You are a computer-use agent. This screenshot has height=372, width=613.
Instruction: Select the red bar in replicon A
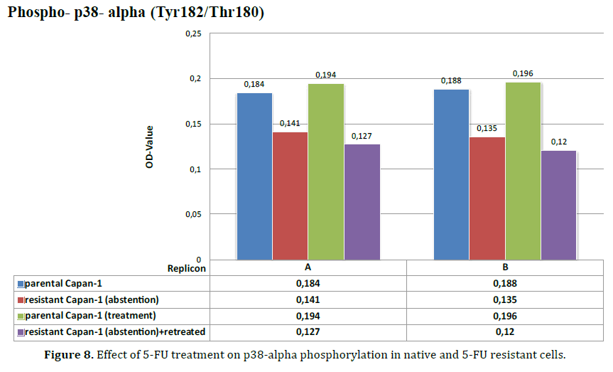(290, 196)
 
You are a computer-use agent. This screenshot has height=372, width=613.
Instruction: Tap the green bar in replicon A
(325, 171)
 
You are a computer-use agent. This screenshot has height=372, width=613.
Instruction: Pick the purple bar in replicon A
(362, 202)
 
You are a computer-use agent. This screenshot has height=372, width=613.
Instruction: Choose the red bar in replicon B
(487, 198)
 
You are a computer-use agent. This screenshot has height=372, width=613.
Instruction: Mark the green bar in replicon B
(522, 171)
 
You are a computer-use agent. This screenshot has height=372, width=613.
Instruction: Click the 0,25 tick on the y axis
(192, 33)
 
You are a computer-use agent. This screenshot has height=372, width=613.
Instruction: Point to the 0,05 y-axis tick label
(192, 214)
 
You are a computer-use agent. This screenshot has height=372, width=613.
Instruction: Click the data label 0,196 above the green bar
(522, 73)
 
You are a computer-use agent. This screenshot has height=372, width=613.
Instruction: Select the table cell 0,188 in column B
(504, 282)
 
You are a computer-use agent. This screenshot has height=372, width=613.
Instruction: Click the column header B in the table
(504, 267)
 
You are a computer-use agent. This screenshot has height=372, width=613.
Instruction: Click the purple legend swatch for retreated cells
(21, 332)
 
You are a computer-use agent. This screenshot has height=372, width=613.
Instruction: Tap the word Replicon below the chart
(186, 268)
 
